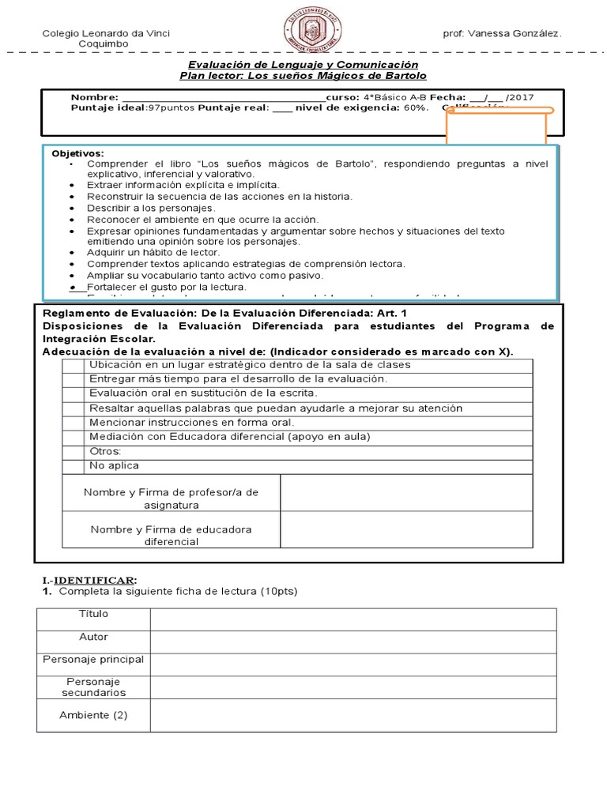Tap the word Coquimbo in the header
104,44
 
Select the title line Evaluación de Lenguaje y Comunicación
303,64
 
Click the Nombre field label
94,96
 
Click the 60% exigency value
416,107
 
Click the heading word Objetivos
77,152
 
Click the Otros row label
106,451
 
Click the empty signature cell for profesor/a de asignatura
406,493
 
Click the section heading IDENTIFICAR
96,579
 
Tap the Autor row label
93,637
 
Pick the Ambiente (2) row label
93,716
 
